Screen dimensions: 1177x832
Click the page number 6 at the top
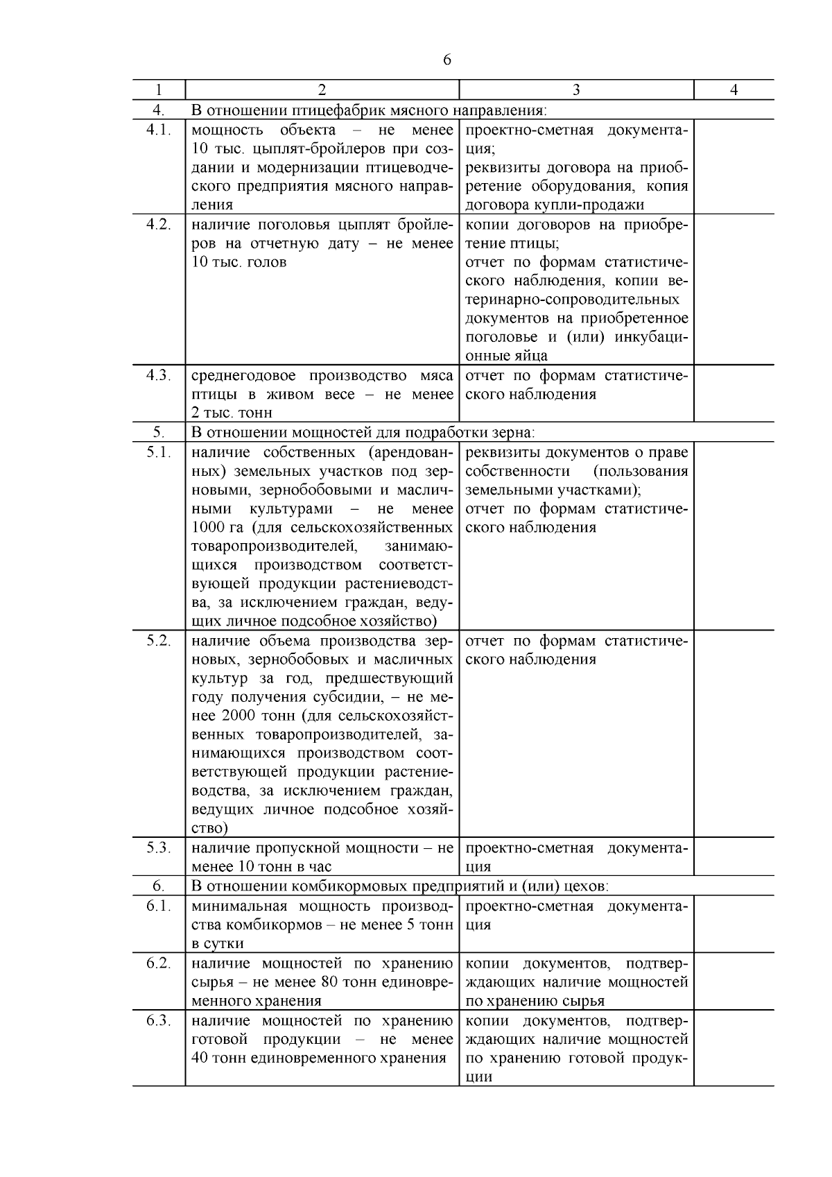[x=447, y=60]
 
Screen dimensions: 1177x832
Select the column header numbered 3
[x=576, y=90]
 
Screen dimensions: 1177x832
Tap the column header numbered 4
[x=734, y=90]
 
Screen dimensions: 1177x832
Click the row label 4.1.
[x=158, y=130]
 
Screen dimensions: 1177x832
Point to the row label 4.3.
[x=158, y=376]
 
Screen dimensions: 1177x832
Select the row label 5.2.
[x=158, y=641]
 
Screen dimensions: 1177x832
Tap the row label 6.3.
[x=158, y=1021]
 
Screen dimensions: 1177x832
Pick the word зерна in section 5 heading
[x=514, y=433]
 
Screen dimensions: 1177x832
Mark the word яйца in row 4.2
[x=531, y=356]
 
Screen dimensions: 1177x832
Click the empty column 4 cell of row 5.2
[x=734, y=733]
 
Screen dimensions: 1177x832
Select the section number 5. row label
[x=158, y=433]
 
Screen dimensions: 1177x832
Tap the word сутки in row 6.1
[x=225, y=944]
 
